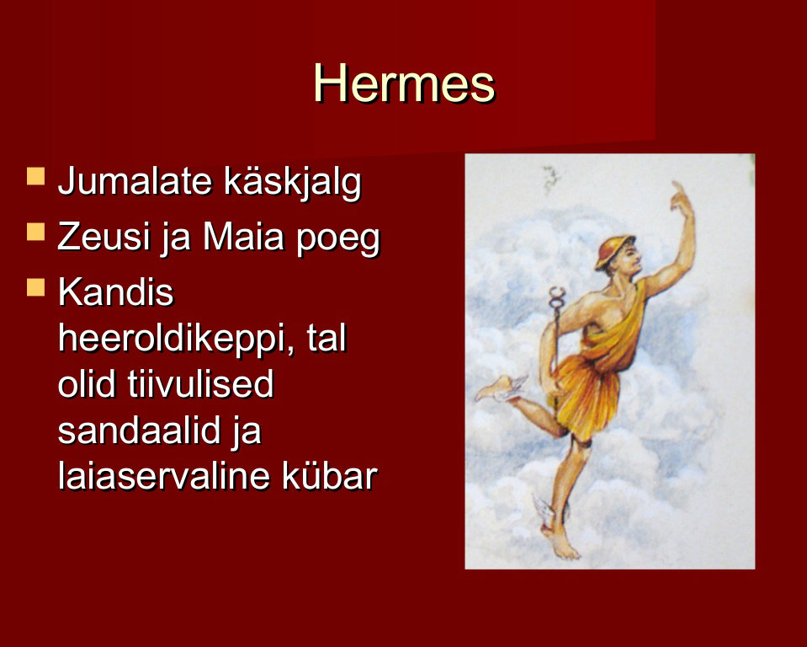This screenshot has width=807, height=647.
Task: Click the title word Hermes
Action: click(x=404, y=83)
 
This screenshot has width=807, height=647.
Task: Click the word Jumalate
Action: click(x=135, y=181)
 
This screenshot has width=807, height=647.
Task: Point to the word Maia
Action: click(x=243, y=237)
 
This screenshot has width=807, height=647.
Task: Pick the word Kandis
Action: click(x=116, y=292)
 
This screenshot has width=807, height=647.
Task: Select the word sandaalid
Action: click(x=139, y=430)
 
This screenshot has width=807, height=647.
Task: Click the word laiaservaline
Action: click(x=163, y=475)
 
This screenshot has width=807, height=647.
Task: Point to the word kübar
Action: click(x=330, y=475)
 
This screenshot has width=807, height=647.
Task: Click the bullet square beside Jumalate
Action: click(x=35, y=176)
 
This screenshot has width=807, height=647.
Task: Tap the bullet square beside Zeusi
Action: click(x=35, y=232)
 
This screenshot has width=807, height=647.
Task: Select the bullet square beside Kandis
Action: click(x=35, y=287)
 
